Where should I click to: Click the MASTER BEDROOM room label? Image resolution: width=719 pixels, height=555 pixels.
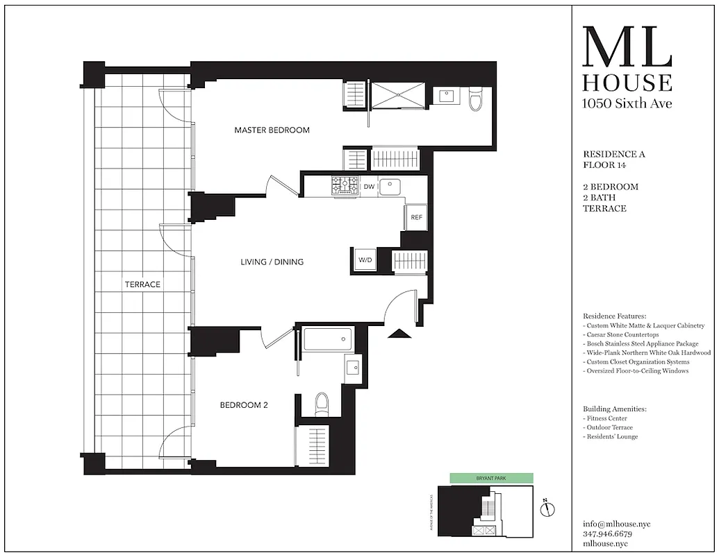(x=272, y=130)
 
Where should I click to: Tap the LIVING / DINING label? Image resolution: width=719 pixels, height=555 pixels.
(x=272, y=262)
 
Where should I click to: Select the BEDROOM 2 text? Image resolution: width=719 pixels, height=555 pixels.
(x=244, y=405)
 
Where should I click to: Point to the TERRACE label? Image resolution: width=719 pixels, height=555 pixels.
(x=142, y=284)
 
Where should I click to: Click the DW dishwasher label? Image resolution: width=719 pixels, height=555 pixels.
(x=369, y=186)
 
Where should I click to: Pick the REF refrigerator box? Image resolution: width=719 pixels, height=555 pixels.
(x=416, y=217)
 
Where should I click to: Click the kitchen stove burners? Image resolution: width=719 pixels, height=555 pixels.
(x=345, y=185)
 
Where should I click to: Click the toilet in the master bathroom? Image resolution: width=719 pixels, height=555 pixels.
(x=476, y=99)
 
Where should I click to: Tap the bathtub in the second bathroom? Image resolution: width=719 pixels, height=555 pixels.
(x=327, y=340)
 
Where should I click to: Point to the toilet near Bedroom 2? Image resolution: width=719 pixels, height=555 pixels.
(x=322, y=403)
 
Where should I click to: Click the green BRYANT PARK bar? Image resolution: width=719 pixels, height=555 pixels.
(x=491, y=478)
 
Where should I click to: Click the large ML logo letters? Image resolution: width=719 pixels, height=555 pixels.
(x=627, y=47)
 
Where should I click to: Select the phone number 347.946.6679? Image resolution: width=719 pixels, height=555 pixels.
(x=608, y=534)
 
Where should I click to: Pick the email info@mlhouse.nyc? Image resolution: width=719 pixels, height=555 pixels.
(x=617, y=524)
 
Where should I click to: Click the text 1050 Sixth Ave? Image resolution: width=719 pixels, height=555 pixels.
(x=627, y=103)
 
